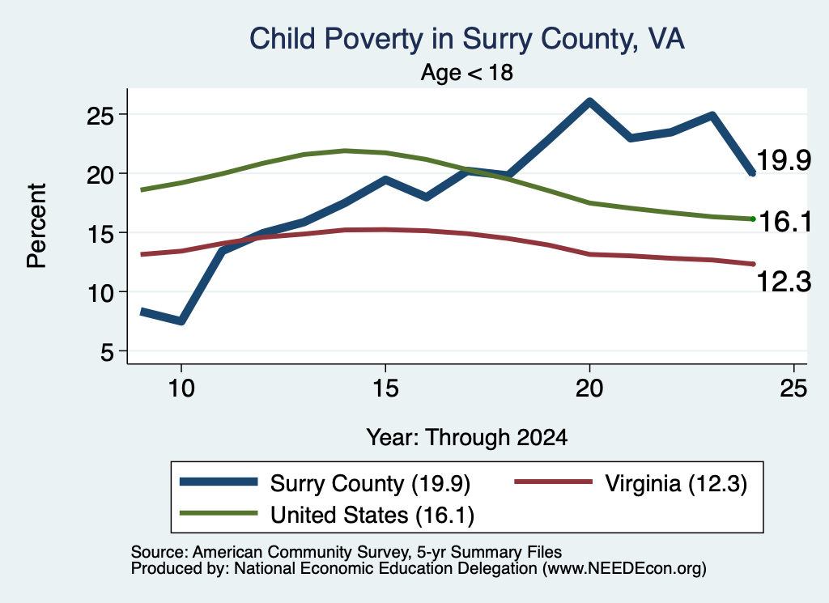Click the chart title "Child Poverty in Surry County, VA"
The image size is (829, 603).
tap(467, 40)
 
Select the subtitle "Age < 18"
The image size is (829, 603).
tap(467, 72)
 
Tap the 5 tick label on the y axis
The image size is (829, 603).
tap(108, 351)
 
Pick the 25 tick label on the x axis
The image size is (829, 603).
tap(793, 389)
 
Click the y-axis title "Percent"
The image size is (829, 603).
tap(36, 226)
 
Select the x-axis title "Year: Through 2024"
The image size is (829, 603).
tap(467, 438)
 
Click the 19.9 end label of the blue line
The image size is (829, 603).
tap(784, 160)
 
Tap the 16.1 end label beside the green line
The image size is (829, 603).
tap(785, 221)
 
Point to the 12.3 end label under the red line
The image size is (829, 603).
tap(784, 281)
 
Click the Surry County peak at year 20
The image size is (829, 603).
tap(589, 101)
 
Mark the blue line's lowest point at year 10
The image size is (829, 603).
tap(181, 321)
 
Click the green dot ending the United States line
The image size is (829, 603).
tap(753, 219)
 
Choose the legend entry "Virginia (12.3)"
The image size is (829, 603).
tap(676, 483)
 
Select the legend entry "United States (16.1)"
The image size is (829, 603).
tap(372, 516)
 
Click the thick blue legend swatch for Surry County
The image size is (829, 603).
tap(219, 482)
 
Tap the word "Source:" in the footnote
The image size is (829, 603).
tap(159, 552)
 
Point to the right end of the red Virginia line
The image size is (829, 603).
tap(753, 264)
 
